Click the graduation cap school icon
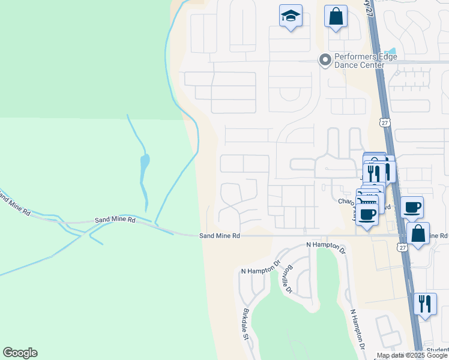tap(291, 16)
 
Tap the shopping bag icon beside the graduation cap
tap(336, 17)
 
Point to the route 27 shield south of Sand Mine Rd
tap(402, 247)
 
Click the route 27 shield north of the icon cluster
tap(384, 122)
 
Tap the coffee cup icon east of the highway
tap(412, 208)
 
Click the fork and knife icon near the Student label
tap(425, 304)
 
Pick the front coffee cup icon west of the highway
tap(367, 214)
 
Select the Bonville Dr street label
tap(288, 279)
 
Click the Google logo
tap(20, 353)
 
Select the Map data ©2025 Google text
tap(412, 356)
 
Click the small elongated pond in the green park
tap(144, 162)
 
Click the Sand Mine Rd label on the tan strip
tap(220, 236)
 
